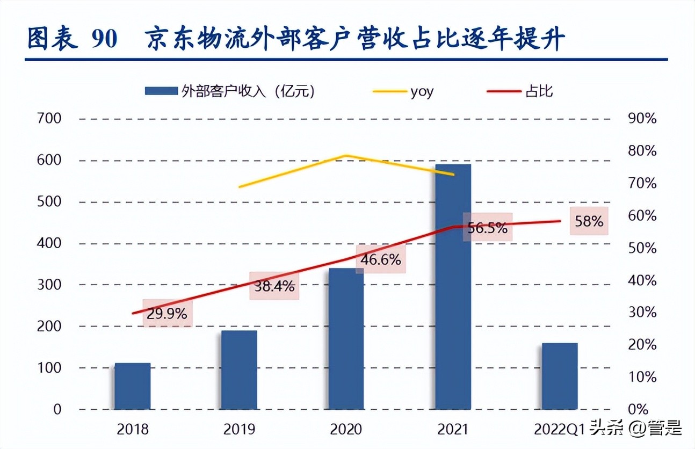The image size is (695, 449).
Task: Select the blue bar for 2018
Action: (133, 387)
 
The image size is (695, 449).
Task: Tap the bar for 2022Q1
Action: (559, 376)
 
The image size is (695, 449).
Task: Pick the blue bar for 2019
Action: (239, 370)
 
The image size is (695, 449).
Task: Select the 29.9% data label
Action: (168, 314)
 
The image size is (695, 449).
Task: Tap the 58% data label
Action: (589, 221)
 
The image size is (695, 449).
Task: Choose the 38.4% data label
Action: (274, 286)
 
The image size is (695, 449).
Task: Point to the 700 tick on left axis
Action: (49, 119)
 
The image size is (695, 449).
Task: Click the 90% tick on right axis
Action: (642, 119)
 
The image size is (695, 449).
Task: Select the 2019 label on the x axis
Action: (239, 430)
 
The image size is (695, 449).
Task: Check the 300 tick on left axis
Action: (49, 285)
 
